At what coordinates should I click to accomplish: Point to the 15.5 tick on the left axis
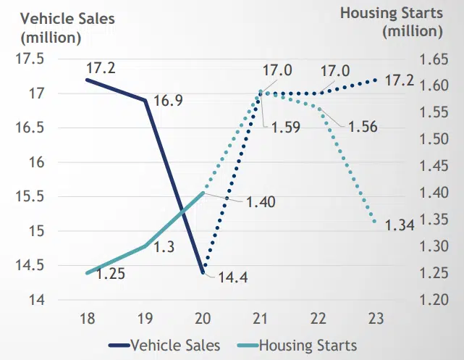30,196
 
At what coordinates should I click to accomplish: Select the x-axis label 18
86,319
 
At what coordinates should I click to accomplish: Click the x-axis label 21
261,319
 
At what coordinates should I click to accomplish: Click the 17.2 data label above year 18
102,70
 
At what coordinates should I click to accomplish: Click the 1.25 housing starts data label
111,275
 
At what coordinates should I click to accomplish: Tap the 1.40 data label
261,202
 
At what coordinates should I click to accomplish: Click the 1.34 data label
399,225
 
